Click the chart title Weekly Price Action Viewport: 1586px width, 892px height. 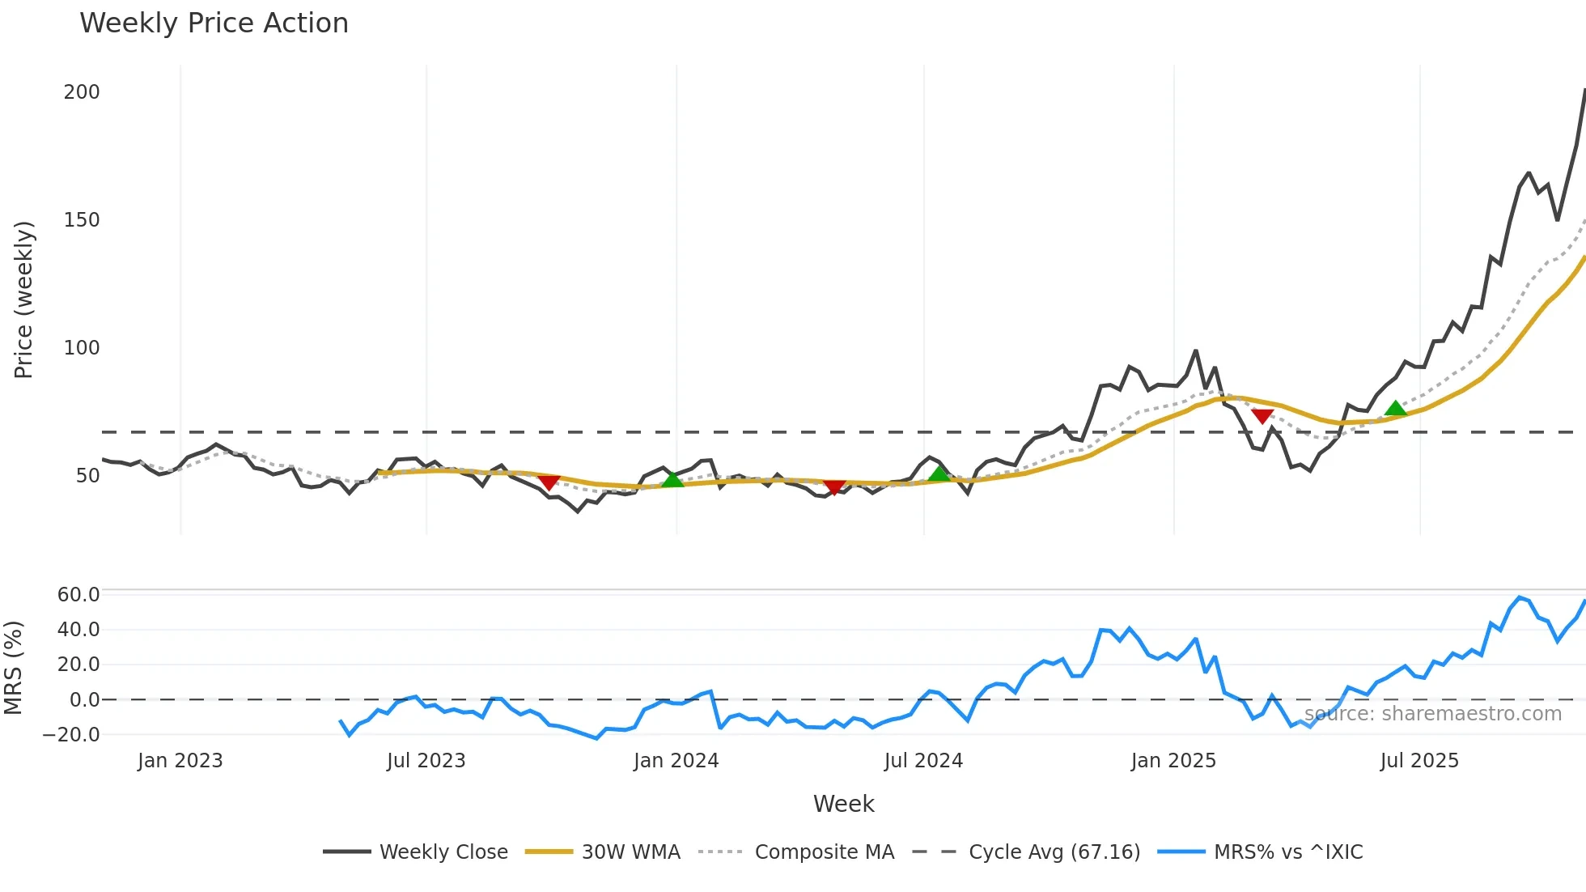click(214, 23)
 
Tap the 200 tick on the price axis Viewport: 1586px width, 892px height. click(82, 92)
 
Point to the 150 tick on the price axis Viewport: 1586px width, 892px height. click(82, 220)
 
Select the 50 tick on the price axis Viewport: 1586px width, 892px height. click(87, 476)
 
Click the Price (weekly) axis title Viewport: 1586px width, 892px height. click(24, 299)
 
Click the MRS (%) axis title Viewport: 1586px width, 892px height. click(13, 668)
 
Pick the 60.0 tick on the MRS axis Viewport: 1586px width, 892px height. click(78, 595)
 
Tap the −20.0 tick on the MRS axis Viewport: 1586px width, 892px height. click(72, 735)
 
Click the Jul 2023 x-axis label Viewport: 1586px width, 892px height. click(426, 761)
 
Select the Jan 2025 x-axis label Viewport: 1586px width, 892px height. click(1173, 761)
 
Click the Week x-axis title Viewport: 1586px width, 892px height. click(843, 804)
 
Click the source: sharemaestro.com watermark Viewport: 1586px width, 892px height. click(1432, 714)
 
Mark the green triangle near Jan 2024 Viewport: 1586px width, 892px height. click(672, 479)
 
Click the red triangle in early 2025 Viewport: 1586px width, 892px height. click(1262, 416)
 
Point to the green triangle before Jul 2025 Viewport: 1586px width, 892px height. click(1395, 408)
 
